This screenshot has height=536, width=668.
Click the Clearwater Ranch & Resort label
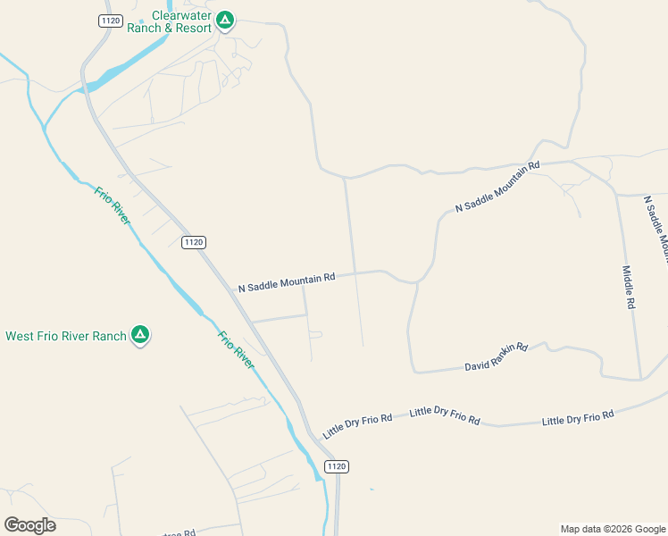pyautogui.click(x=182, y=21)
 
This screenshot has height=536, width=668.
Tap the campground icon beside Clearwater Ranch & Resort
pyautogui.click(x=225, y=19)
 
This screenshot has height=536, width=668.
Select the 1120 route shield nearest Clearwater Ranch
pyautogui.click(x=110, y=21)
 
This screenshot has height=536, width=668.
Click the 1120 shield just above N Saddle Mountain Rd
pyautogui.click(x=193, y=242)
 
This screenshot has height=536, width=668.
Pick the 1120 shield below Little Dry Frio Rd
pyautogui.click(x=336, y=466)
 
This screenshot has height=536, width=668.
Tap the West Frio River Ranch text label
pyautogui.click(x=66, y=337)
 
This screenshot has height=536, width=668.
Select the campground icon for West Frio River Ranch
pyautogui.click(x=139, y=335)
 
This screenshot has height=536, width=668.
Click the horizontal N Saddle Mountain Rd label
pyautogui.click(x=286, y=282)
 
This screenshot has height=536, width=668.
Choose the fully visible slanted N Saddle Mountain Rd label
pyautogui.click(x=498, y=186)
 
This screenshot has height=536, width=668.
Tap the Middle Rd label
pyautogui.click(x=629, y=287)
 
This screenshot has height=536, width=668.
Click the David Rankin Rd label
pyautogui.click(x=497, y=357)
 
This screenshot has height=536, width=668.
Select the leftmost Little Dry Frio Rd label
pyautogui.click(x=358, y=425)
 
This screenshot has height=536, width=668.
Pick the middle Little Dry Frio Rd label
pyautogui.click(x=445, y=415)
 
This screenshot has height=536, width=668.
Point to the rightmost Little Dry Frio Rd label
pyautogui.click(x=578, y=417)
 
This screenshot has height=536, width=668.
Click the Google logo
pyautogui.click(x=29, y=525)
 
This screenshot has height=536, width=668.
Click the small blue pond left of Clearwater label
pyautogui.click(x=141, y=21)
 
